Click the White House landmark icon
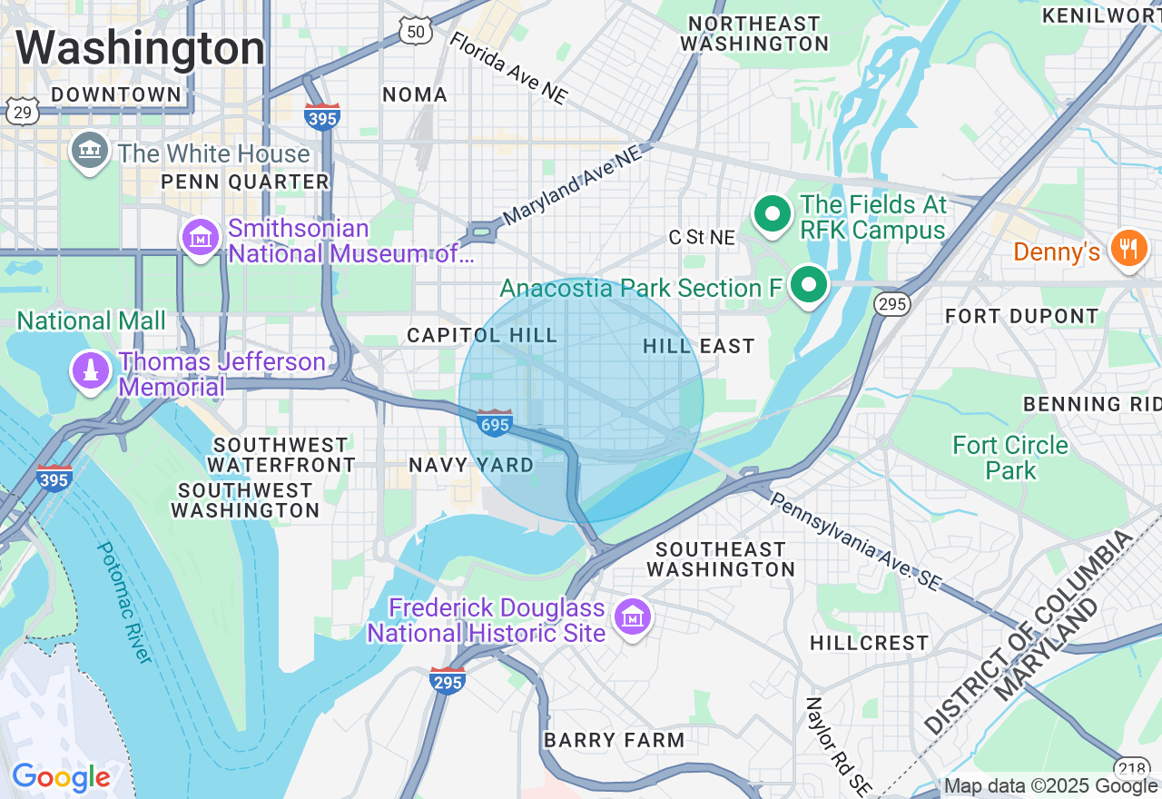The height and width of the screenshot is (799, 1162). click(x=89, y=152)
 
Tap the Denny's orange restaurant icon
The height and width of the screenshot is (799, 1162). click(x=1128, y=247)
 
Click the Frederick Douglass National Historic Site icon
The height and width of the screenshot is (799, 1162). click(x=632, y=617)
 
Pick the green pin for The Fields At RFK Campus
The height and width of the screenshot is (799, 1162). click(x=773, y=215)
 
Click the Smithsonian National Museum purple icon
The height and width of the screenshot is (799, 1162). click(x=201, y=238)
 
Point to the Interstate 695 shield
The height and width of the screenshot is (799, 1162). click(x=495, y=423)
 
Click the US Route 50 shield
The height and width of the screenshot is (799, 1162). click(x=414, y=32)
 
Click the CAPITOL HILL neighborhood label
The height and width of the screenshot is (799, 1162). click(x=482, y=335)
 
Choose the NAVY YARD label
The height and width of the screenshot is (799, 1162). click(x=471, y=465)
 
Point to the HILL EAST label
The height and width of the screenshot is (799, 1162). click(x=698, y=346)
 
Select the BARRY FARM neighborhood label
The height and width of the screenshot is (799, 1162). click(x=614, y=740)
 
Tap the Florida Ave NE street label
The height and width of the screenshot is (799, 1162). click(x=508, y=68)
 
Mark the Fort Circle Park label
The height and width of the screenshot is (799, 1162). click(x=1010, y=458)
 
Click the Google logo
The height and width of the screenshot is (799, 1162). click(x=61, y=778)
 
